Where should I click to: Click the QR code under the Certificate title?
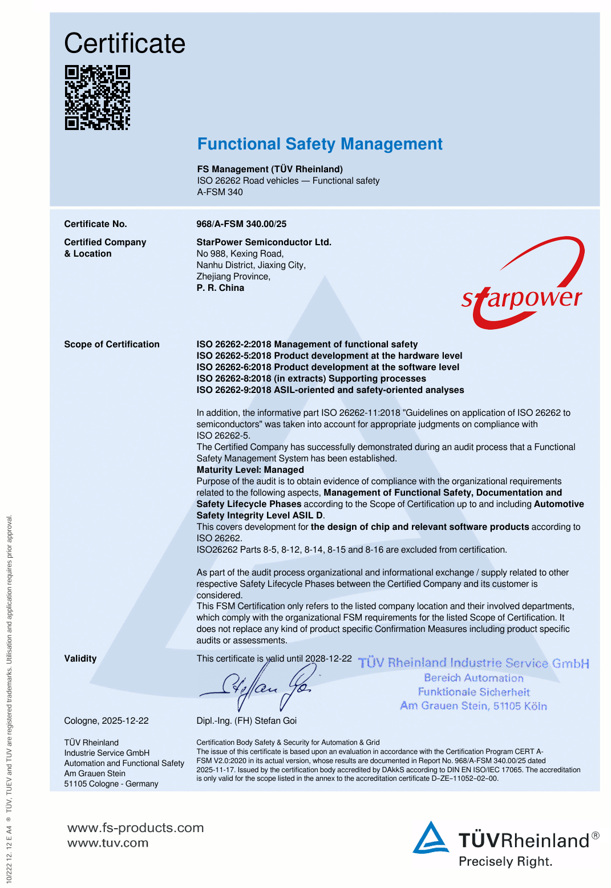[x=98, y=98]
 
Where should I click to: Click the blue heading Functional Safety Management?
[x=319, y=144]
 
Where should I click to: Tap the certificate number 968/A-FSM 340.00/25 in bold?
[x=241, y=224]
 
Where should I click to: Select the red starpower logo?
[x=523, y=285]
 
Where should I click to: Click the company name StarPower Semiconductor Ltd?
[x=264, y=242]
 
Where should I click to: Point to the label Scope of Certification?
[x=112, y=344]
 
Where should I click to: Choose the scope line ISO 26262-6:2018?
[x=327, y=367]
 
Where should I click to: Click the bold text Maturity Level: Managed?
[x=250, y=470]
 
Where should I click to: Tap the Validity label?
[x=80, y=659]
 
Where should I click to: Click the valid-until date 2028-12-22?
[x=329, y=658]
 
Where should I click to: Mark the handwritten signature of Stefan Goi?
[x=260, y=687]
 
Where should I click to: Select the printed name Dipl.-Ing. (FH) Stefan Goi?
[x=246, y=721]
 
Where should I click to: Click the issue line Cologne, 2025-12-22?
[x=106, y=721]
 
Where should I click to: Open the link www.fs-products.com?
[x=135, y=828]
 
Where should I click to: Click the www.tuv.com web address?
[x=108, y=843]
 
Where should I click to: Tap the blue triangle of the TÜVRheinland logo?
[x=431, y=838]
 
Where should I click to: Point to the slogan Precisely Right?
[x=505, y=861]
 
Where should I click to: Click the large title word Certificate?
[x=125, y=43]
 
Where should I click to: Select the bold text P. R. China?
[x=220, y=288]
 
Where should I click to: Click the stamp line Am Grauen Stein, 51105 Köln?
[x=474, y=706]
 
